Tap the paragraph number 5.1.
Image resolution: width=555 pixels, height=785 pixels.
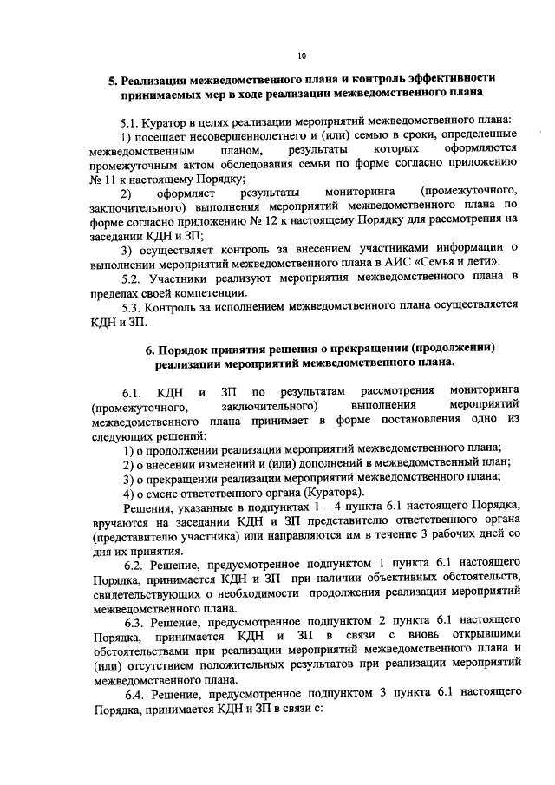pyautogui.click(x=131, y=121)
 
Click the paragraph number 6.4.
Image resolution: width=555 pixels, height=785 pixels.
pyautogui.click(x=134, y=697)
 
